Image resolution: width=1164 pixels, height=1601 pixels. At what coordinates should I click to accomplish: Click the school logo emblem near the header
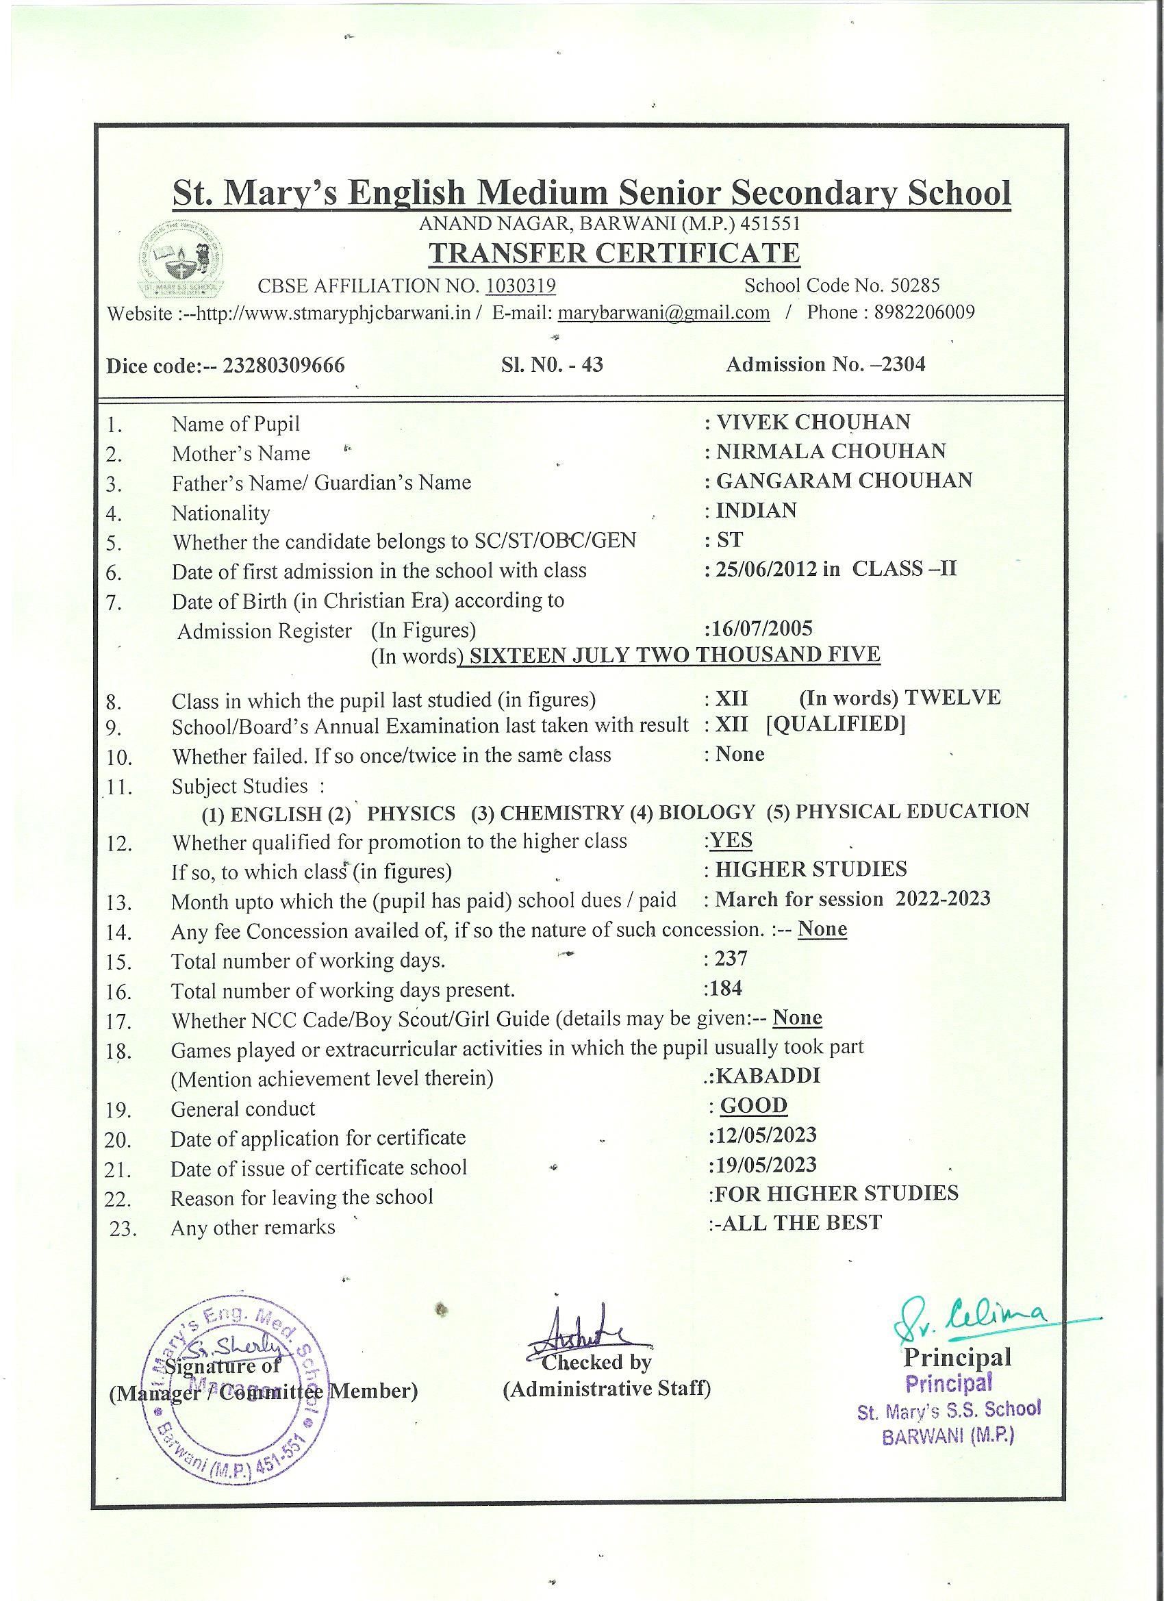181,259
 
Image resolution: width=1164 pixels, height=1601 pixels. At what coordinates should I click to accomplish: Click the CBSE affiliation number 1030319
521,286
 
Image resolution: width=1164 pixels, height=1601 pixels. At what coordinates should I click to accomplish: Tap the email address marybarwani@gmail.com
663,313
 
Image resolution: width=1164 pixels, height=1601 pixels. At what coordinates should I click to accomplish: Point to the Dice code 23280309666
283,366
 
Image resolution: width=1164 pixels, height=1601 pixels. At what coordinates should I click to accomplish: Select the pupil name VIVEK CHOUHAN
813,422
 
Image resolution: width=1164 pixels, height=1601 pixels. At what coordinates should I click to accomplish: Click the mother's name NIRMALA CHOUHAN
831,451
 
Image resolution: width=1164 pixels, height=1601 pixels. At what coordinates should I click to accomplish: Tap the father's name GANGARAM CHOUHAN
844,481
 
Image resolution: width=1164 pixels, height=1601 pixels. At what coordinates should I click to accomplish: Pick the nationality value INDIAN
756,510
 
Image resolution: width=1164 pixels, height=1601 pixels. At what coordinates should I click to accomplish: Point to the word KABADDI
769,1076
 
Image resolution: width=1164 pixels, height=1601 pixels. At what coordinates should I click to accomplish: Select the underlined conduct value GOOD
753,1105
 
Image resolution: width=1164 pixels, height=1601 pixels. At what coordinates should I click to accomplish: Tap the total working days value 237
731,959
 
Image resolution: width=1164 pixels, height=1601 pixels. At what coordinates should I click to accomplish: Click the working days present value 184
726,987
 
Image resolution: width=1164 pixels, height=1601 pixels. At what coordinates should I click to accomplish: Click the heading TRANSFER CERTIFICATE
614,253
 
